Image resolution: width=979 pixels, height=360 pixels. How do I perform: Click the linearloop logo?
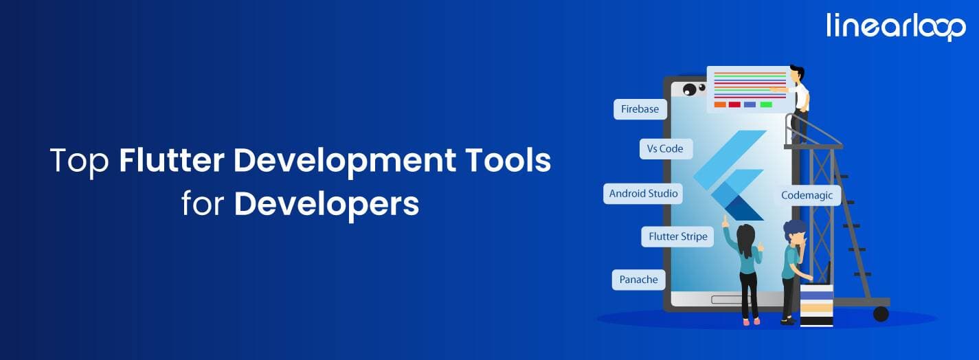coord(896,26)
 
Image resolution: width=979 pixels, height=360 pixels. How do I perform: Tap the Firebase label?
coord(640,109)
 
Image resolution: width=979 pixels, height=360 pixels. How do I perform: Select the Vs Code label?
coord(665,148)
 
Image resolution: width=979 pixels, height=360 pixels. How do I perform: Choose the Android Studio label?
coord(643,194)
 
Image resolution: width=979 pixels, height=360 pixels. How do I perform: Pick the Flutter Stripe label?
coord(677,237)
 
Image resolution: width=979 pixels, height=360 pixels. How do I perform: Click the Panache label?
coord(638,280)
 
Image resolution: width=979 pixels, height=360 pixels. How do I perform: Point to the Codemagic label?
coord(807,195)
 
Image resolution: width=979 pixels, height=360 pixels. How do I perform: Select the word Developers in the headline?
coord(326,203)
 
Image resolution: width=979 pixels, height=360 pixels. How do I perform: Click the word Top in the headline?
coord(79,161)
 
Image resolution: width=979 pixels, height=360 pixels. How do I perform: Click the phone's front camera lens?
coord(689,89)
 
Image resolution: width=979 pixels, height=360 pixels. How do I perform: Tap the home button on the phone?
coord(727,300)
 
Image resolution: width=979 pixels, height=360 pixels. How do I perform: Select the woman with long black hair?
coord(747,271)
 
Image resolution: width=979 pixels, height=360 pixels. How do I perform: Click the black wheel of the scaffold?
coord(880,314)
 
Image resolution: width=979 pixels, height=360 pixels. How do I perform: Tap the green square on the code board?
coord(765,104)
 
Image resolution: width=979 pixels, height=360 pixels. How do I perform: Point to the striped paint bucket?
coord(816,304)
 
